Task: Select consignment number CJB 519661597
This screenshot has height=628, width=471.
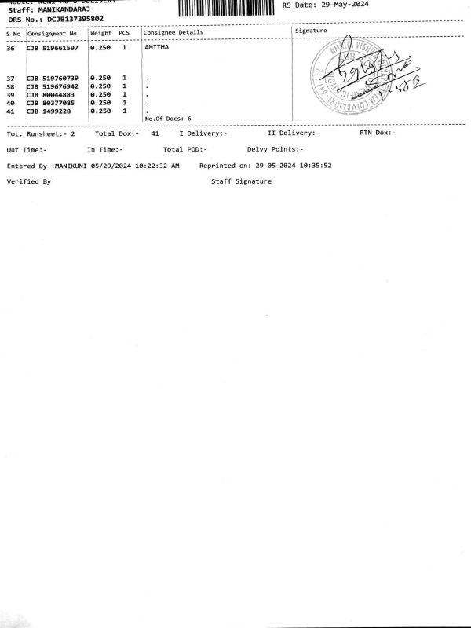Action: [x=52, y=48]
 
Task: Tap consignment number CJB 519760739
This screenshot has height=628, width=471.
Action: [x=52, y=78]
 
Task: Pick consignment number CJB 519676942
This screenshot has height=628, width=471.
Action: [x=52, y=86]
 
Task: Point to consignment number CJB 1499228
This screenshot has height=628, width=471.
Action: [x=49, y=111]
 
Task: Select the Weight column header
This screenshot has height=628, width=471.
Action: [x=101, y=34]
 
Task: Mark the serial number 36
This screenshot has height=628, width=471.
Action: [x=10, y=48]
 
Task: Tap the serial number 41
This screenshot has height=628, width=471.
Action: [x=10, y=111]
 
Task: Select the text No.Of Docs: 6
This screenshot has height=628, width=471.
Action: [x=168, y=119]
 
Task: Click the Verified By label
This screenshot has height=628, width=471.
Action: [x=28, y=181]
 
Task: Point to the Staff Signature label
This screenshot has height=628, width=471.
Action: [x=241, y=181]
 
